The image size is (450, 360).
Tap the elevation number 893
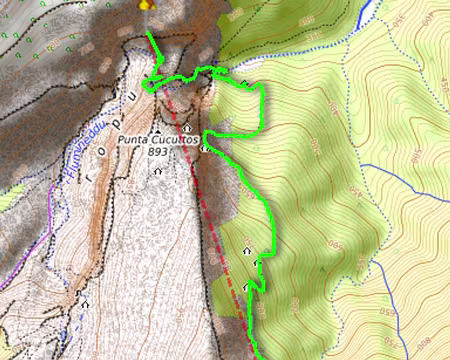[157, 153]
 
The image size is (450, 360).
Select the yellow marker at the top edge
[149, 4]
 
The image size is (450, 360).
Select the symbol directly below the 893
[157, 171]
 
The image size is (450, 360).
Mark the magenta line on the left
[30, 250]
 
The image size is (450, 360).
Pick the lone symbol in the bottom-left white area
[85, 303]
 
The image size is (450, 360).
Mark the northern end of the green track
[149, 33]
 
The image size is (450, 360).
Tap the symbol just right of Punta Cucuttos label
[204, 148]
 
